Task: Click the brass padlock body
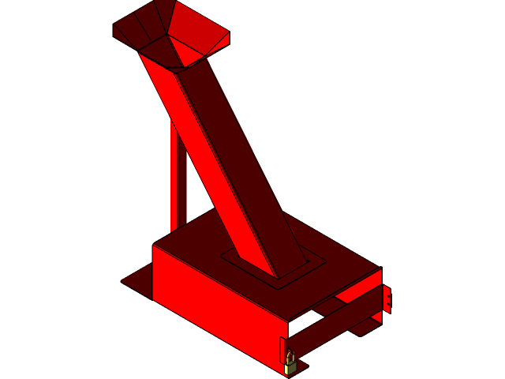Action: (x=290, y=367)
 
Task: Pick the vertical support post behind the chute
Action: (x=178, y=182)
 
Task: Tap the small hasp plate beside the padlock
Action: (x=283, y=347)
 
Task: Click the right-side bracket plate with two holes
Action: (x=386, y=299)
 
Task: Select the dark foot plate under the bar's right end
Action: (x=365, y=325)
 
